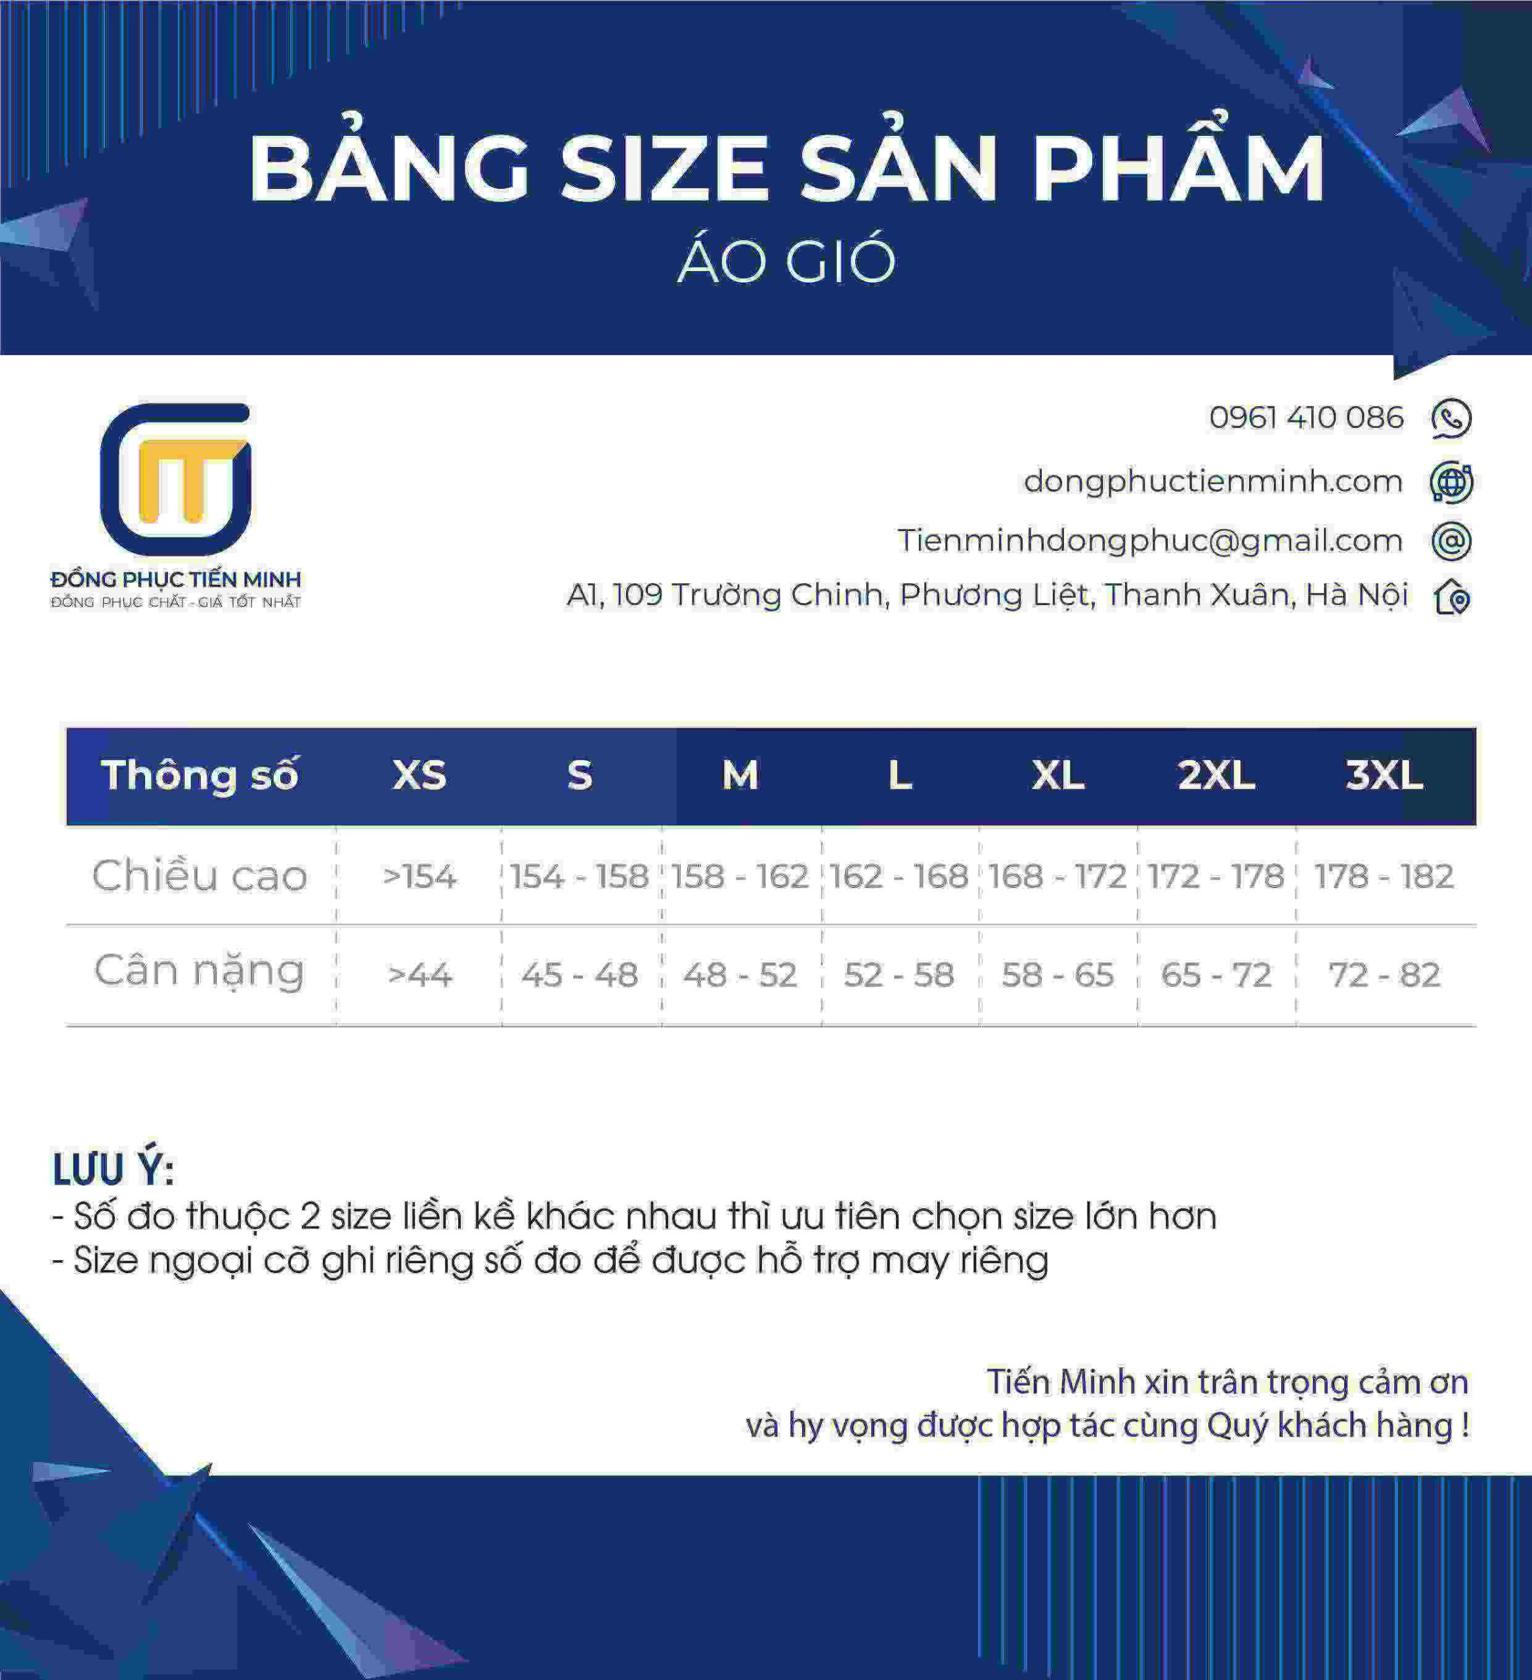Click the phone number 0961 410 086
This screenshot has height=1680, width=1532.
[1306, 417]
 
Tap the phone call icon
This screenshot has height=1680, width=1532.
[1451, 418]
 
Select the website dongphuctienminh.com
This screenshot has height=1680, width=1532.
[1213, 481]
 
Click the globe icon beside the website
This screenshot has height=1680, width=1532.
[1451, 482]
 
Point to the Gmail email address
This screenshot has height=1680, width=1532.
[1149, 541]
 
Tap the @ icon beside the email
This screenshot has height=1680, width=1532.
[1451, 541]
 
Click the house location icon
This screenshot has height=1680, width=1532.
[1452, 596]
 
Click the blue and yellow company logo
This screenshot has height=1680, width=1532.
[176, 479]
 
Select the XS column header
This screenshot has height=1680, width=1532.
[419, 775]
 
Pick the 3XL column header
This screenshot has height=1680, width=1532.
[1384, 775]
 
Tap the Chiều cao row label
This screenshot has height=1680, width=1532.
[200, 876]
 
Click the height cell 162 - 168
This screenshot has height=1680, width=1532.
[899, 876]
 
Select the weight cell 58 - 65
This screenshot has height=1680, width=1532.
[1057, 974]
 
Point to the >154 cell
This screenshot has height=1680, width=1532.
[419, 876]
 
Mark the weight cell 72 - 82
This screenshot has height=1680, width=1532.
[1384, 974]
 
